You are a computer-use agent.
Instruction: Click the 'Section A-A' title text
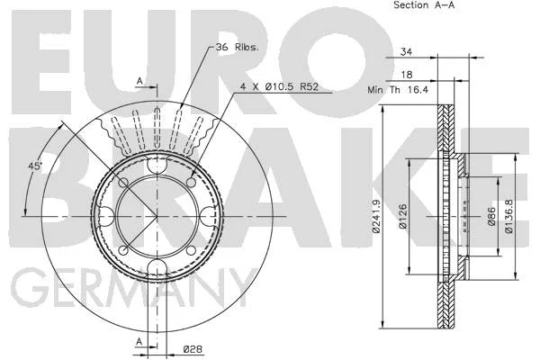click(424, 4)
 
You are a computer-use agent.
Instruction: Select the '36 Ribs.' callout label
click(237, 47)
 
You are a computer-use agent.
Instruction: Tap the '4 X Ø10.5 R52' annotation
click(279, 86)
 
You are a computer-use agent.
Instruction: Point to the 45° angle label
click(34, 166)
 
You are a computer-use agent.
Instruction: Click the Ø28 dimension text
click(193, 349)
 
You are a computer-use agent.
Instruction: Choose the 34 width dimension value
click(407, 51)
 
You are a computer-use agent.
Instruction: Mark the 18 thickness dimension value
click(407, 75)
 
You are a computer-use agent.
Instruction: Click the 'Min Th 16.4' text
click(398, 90)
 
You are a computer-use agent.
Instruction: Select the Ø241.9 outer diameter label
click(376, 217)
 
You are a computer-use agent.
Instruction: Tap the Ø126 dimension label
click(403, 216)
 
